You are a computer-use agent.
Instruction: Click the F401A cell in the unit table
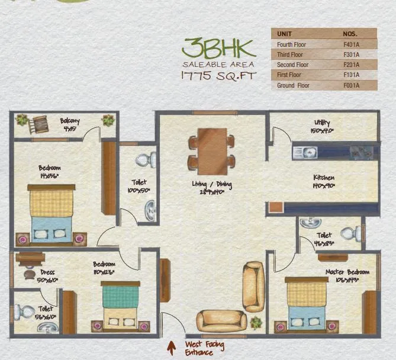(351, 44)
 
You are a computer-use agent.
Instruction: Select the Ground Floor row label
(293, 86)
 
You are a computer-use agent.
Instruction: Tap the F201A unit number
(351, 65)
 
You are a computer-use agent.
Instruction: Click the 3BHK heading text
(219, 47)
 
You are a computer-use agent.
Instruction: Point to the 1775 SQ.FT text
(218, 76)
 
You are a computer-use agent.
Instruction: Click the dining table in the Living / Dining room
(211, 148)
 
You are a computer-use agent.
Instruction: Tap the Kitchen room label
(324, 178)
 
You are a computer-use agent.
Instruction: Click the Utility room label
(323, 123)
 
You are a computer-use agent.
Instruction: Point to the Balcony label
(70, 122)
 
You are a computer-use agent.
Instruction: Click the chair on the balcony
(40, 124)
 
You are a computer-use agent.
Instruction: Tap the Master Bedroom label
(347, 272)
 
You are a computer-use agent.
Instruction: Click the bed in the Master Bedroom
(306, 304)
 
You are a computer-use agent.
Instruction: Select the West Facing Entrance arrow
(172, 346)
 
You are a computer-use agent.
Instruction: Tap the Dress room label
(47, 273)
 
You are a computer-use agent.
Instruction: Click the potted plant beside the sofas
(256, 323)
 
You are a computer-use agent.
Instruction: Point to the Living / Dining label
(211, 185)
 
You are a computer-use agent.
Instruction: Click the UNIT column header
(285, 34)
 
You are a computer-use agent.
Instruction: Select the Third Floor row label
(290, 55)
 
